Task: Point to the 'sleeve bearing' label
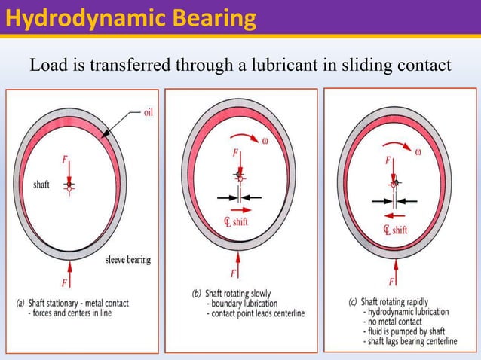(127, 260)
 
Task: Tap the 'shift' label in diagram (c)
(399, 230)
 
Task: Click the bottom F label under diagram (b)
(233, 273)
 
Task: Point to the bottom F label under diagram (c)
(391, 282)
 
